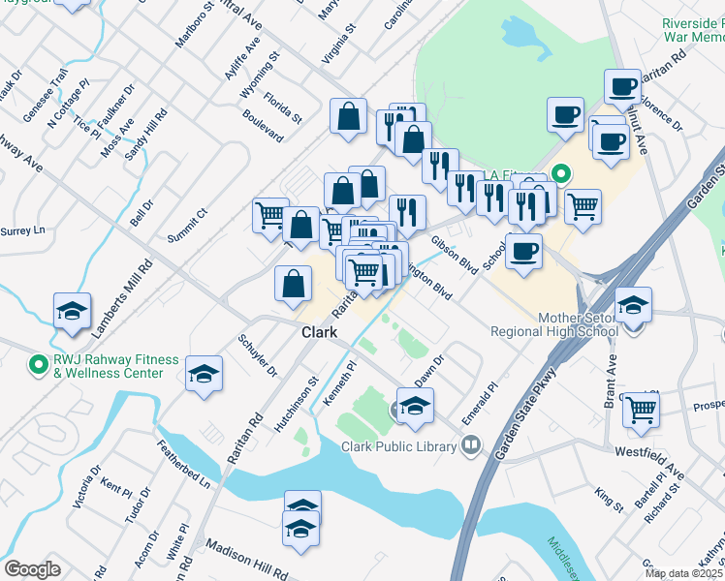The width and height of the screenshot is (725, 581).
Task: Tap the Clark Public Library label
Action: coord(398,446)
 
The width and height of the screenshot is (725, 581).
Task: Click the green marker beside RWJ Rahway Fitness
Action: coord(39,365)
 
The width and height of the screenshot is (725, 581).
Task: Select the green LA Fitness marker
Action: coord(559,174)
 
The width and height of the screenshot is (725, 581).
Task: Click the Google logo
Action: coord(32,569)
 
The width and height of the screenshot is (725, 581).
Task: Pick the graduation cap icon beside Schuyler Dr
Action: coord(205,374)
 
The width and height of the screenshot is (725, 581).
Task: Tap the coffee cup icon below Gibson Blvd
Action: coord(523,251)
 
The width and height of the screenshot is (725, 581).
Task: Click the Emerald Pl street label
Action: coord(480,399)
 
